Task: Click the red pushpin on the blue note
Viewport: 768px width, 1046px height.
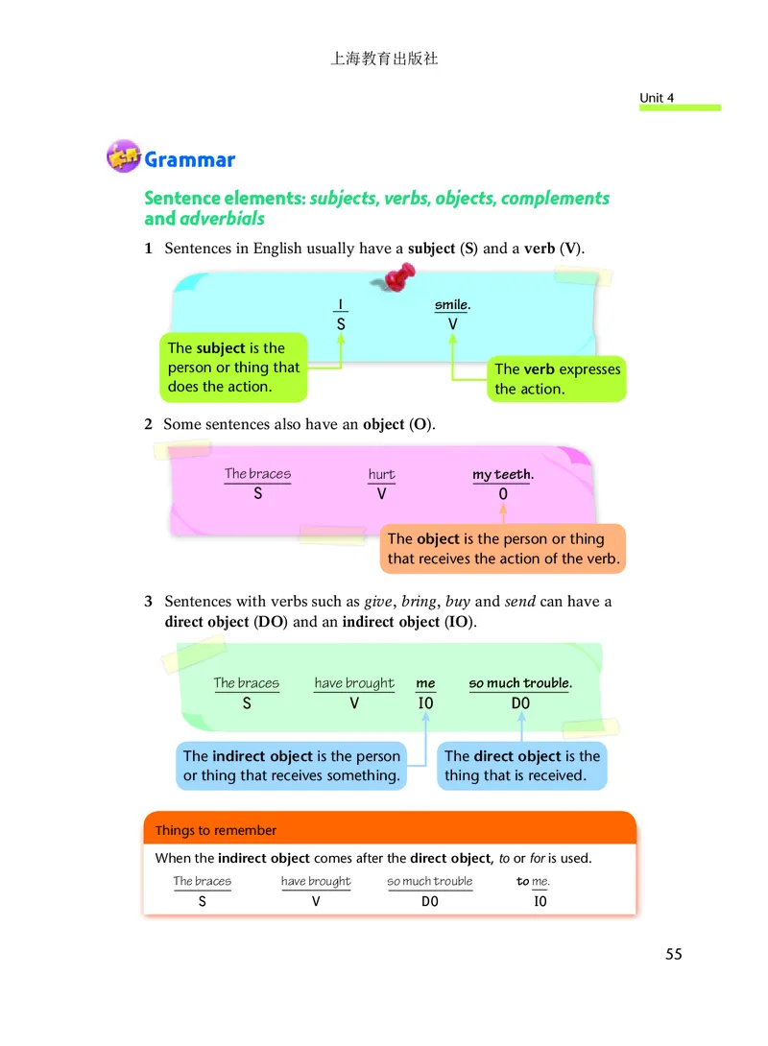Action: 396,277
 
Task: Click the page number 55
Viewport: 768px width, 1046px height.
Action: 673,954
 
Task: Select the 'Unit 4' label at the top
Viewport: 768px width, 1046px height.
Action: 657,98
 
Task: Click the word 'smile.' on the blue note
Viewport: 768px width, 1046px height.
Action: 452,304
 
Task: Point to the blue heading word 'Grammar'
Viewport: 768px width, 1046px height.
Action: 189,159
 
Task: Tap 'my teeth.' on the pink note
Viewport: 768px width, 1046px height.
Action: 503,475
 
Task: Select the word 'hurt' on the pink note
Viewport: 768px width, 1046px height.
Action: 381,475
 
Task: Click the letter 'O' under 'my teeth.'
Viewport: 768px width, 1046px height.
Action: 503,495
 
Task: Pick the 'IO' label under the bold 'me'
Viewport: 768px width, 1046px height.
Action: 425,703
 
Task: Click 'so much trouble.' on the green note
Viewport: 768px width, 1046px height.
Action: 520,683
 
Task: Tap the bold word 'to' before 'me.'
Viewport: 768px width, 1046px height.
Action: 522,881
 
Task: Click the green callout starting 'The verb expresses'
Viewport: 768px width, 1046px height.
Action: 557,379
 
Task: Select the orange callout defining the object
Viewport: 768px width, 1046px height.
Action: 503,549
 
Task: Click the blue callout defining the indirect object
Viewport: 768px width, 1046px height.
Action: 291,766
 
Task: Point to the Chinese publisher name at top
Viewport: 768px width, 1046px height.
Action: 384,59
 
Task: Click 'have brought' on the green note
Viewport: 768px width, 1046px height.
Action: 354,683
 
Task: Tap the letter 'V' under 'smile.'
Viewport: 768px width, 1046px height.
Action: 453,324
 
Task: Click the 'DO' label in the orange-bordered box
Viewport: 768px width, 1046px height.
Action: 430,901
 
